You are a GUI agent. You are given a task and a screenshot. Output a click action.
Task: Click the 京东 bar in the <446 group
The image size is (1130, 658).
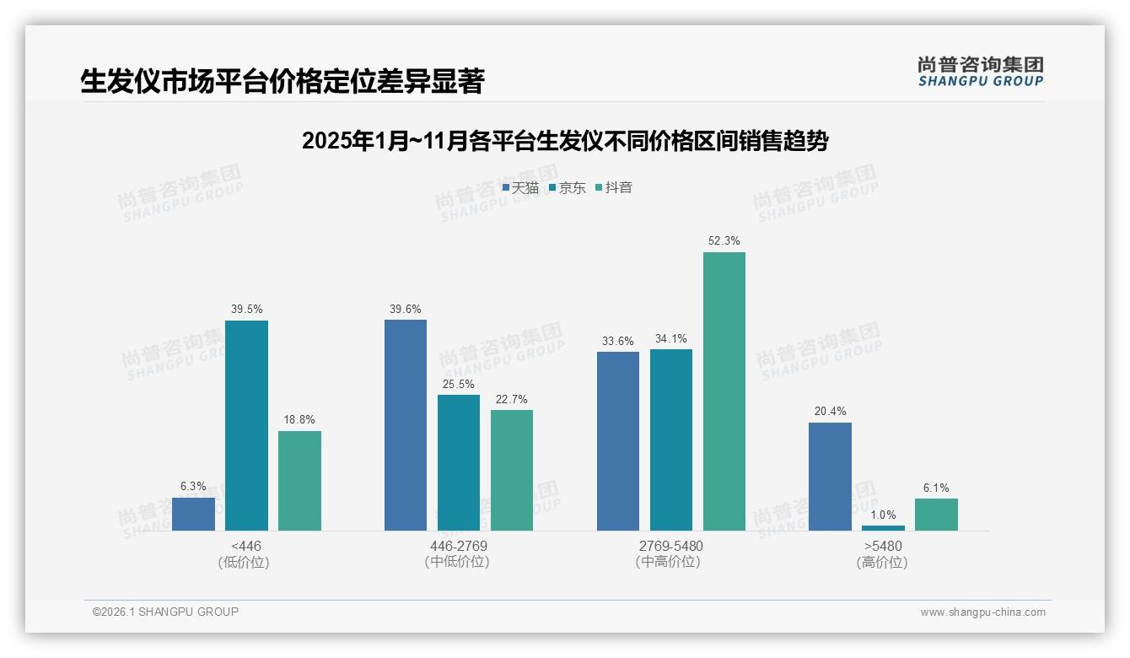point(246,425)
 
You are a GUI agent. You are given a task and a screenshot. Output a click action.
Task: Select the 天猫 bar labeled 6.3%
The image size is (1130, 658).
point(193,514)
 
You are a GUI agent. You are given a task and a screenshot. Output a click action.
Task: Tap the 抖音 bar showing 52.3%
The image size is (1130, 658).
point(724,391)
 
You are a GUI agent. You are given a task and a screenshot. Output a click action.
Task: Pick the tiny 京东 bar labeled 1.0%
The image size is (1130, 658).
point(883,528)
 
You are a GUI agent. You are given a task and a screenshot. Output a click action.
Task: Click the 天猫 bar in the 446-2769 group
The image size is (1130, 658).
point(406,425)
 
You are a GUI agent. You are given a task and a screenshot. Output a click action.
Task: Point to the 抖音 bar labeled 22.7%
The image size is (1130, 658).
point(512,470)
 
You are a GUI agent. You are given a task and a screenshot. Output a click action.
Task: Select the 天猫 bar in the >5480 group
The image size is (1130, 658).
point(830,477)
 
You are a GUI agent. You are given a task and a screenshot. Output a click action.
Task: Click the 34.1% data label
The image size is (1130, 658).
point(670,339)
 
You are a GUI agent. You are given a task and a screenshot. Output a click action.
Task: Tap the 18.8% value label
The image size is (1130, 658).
point(299,420)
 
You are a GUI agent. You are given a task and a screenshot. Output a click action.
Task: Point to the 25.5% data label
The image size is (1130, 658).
point(459,384)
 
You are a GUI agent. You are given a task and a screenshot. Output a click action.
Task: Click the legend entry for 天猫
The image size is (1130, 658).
point(520,188)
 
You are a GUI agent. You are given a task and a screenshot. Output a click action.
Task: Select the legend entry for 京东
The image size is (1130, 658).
point(568,188)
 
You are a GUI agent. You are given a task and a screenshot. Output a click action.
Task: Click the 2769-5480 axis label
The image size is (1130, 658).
point(670,546)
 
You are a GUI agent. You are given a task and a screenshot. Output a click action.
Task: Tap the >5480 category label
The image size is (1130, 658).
point(883,546)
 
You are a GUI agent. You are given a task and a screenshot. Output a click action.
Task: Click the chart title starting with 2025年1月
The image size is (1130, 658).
point(564,141)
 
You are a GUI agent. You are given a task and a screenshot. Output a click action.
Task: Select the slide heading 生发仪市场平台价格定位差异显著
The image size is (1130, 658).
point(282,81)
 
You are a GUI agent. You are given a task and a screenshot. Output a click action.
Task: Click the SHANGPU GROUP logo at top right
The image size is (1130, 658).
point(980,72)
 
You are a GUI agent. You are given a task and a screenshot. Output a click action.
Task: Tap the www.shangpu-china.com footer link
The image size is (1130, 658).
point(982,612)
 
